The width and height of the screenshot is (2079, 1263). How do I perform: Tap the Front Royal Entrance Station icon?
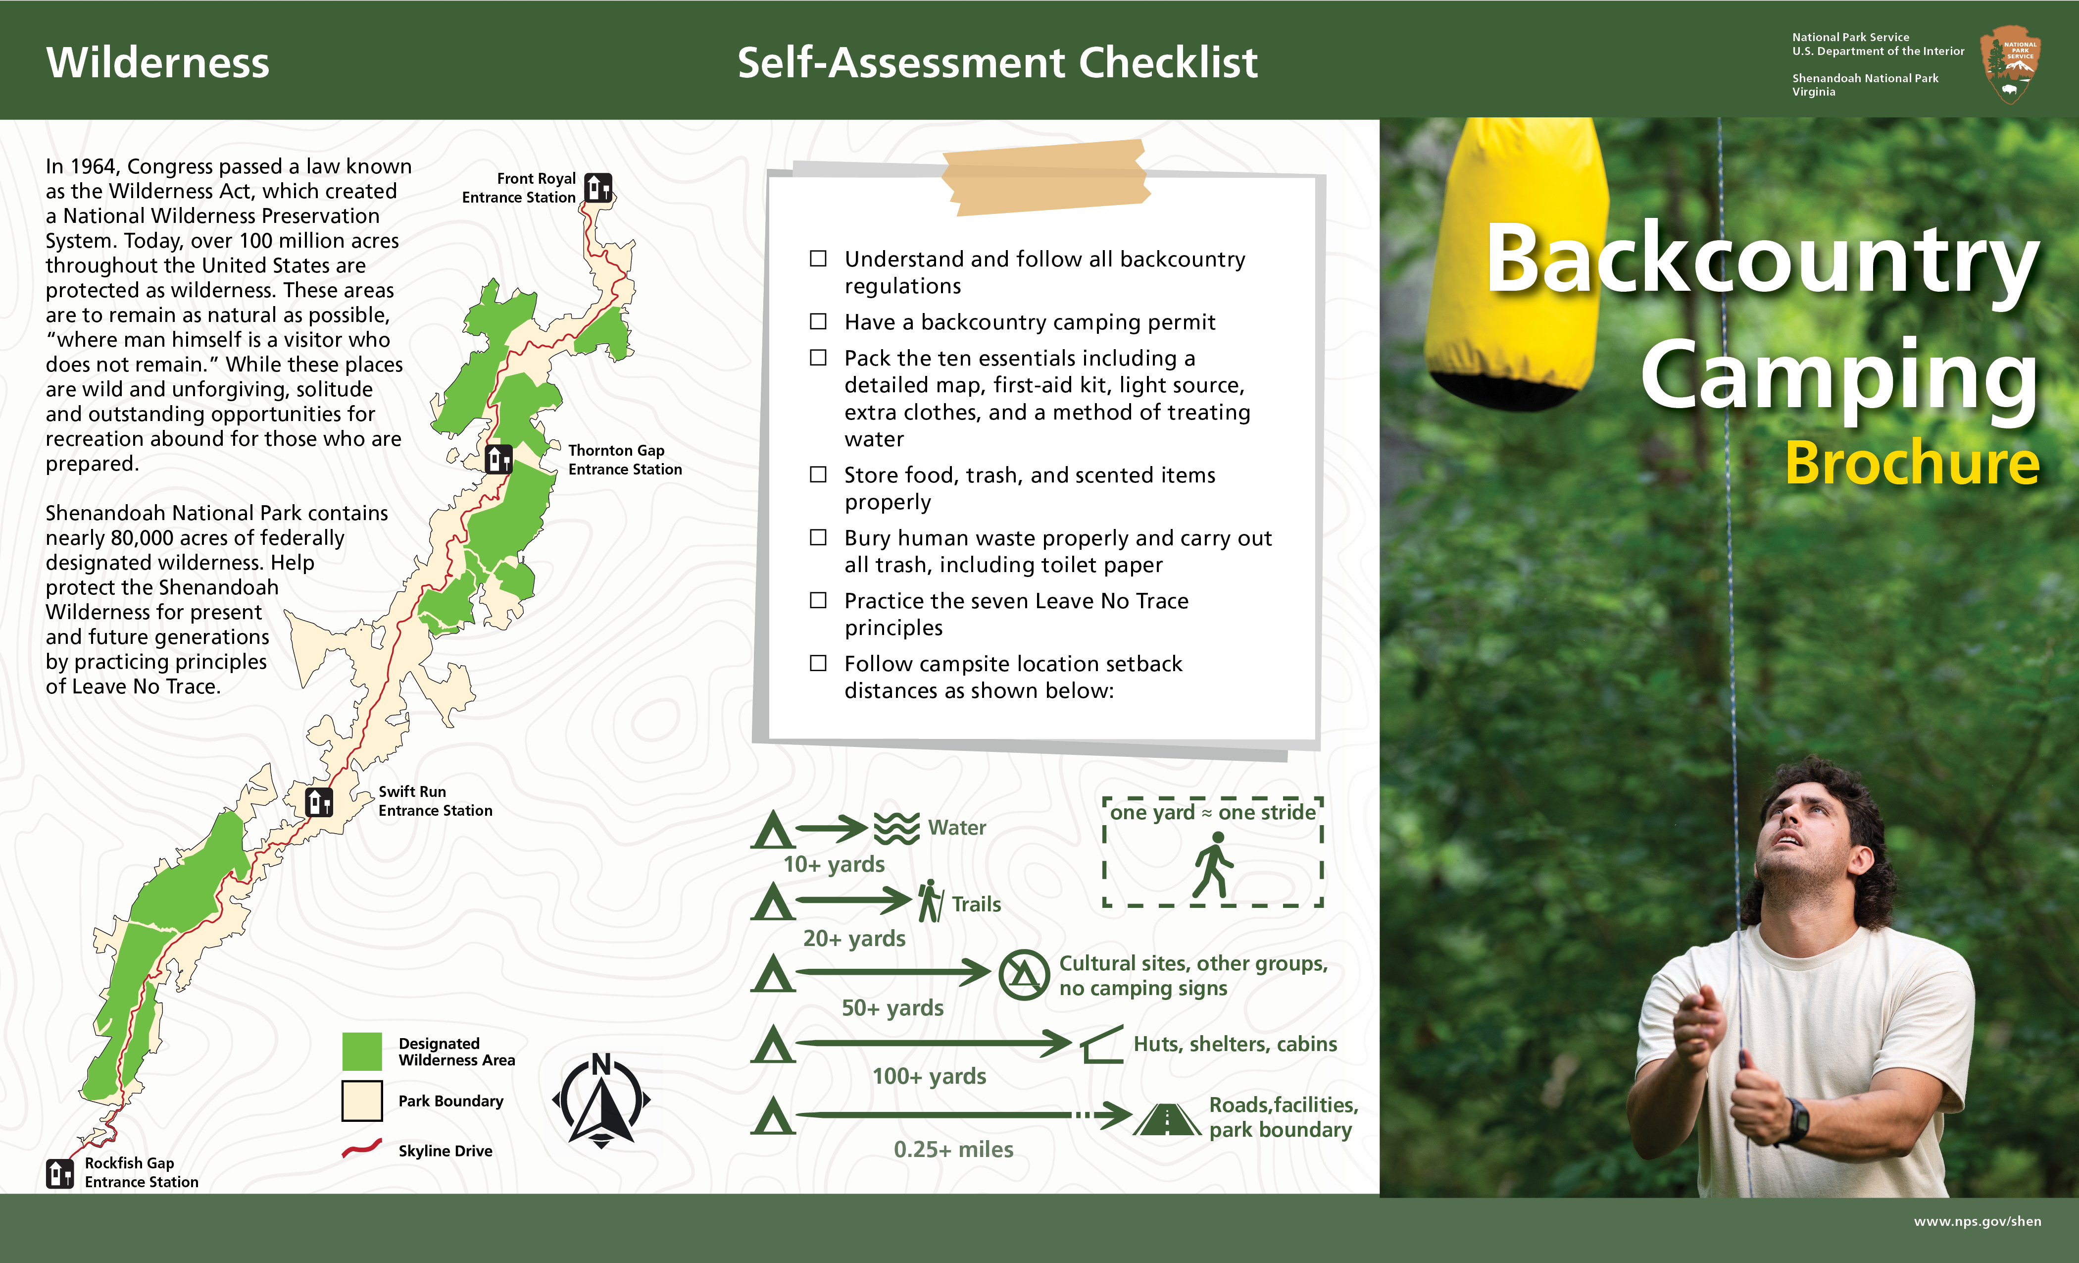[598, 187]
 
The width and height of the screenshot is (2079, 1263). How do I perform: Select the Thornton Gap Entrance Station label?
[624, 460]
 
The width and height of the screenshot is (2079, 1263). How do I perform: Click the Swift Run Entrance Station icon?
[319, 801]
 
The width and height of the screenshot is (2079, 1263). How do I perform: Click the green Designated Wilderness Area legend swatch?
[362, 1051]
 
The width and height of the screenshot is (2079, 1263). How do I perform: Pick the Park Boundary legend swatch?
[362, 1101]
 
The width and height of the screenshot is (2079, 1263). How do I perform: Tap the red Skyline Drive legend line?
[362, 1149]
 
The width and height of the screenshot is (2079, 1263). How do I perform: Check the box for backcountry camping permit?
[818, 321]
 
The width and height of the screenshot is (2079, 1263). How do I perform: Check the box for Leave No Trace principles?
[818, 600]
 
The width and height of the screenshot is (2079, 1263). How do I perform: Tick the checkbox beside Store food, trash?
[818, 474]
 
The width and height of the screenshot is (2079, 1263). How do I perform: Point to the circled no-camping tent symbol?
[1024, 975]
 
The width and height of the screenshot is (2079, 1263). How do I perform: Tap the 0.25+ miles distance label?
[953, 1149]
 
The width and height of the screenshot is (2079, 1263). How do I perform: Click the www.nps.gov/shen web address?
[1977, 1221]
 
